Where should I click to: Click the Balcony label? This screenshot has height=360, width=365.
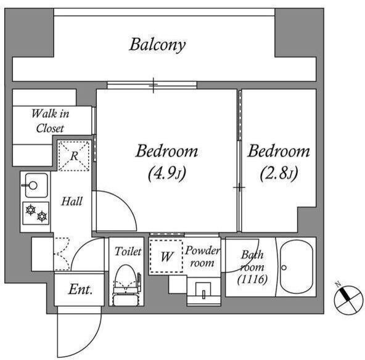pos(157,44)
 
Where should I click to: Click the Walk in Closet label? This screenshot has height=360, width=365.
pos(50,121)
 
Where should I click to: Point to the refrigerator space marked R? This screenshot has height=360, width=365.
pos(74,156)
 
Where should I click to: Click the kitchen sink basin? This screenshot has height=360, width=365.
pos(36,186)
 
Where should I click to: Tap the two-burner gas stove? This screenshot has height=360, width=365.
pos(36,213)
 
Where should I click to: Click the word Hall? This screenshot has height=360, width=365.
pos(72,202)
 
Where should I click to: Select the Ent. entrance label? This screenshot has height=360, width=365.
pos(81,290)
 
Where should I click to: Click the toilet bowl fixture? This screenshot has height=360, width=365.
pos(126,285)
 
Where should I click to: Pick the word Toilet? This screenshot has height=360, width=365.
pos(128,252)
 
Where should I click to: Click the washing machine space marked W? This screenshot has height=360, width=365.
pos(166,256)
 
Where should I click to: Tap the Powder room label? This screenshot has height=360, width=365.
pos(202,256)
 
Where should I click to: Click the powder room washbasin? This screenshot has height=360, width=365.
pos(203,290)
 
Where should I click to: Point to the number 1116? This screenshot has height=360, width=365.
pos(252,279)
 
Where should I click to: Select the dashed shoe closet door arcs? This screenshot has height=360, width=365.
pos(62,254)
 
